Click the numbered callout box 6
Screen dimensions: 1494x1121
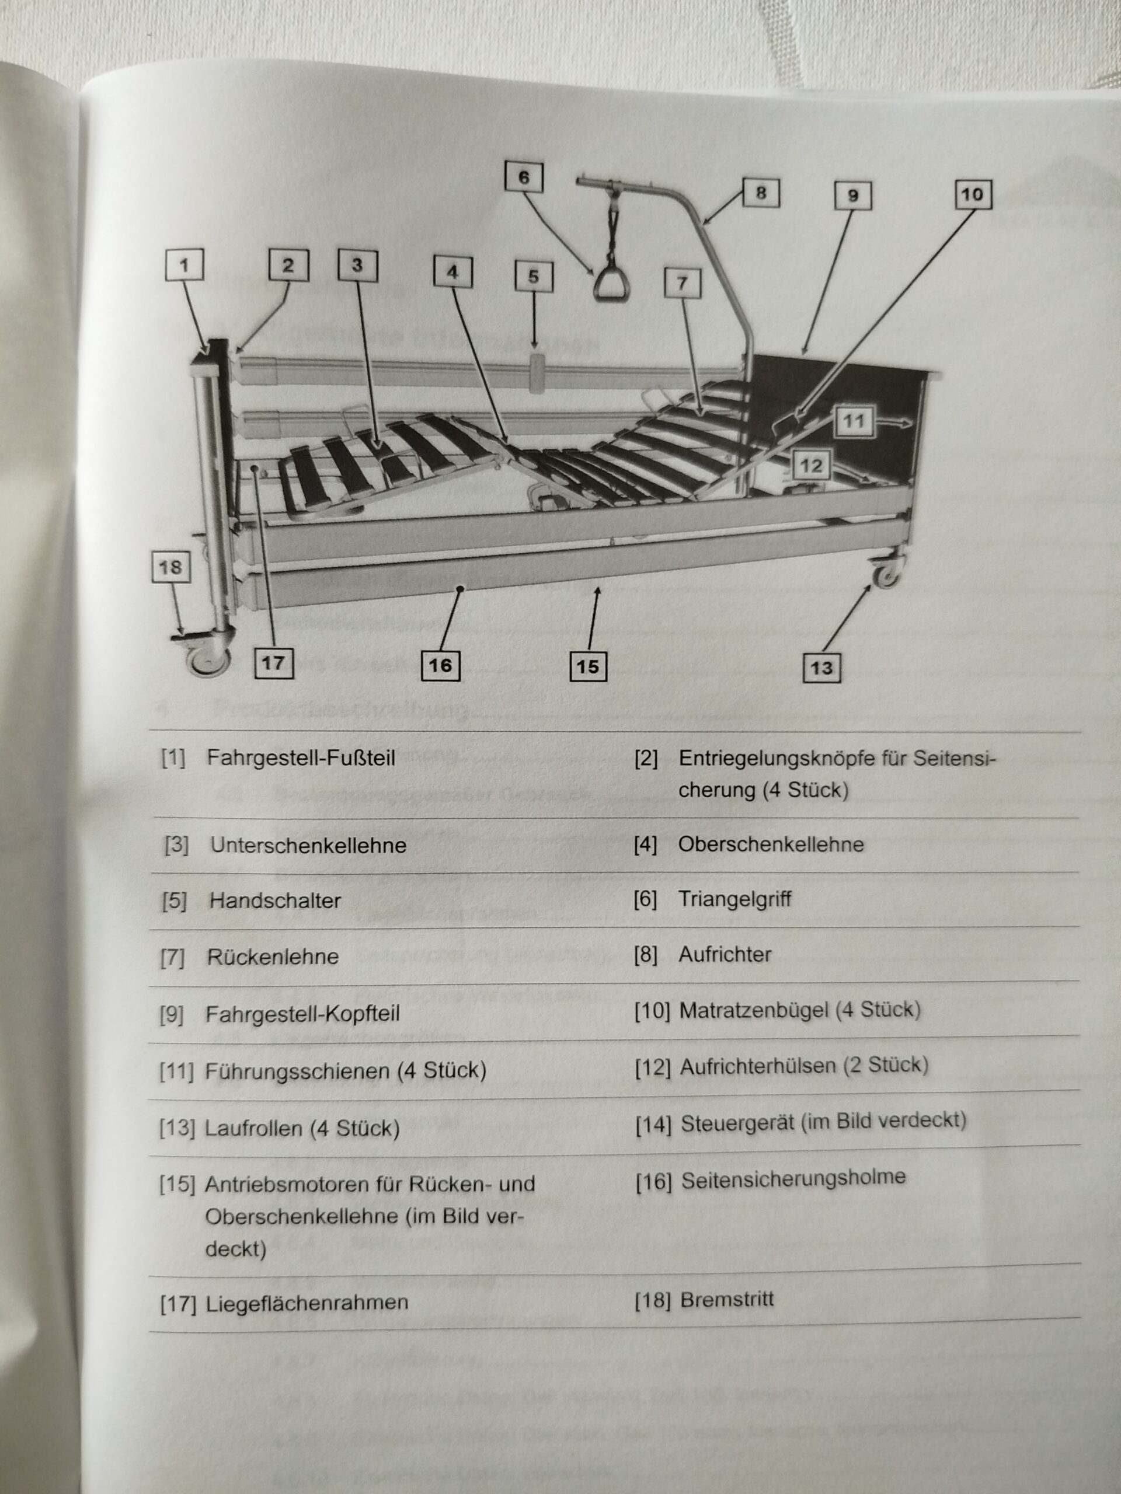[524, 177]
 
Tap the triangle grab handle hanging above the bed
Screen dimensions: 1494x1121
[611, 284]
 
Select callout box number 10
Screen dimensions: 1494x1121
[972, 194]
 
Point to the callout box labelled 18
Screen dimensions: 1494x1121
[170, 567]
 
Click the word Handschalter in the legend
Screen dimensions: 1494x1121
[275, 900]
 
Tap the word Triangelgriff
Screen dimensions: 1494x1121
[734, 899]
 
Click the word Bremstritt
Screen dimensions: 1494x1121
[726, 1299]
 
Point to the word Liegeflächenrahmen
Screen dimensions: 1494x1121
[307, 1303]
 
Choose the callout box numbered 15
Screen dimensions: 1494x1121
[587, 666]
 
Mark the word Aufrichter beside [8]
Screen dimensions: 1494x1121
[725, 954]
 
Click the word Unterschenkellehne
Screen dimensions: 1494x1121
[308, 845]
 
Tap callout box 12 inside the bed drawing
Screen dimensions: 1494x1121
[811, 465]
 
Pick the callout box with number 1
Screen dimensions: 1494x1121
[184, 265]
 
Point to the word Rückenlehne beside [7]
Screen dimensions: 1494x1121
[272, 957]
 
